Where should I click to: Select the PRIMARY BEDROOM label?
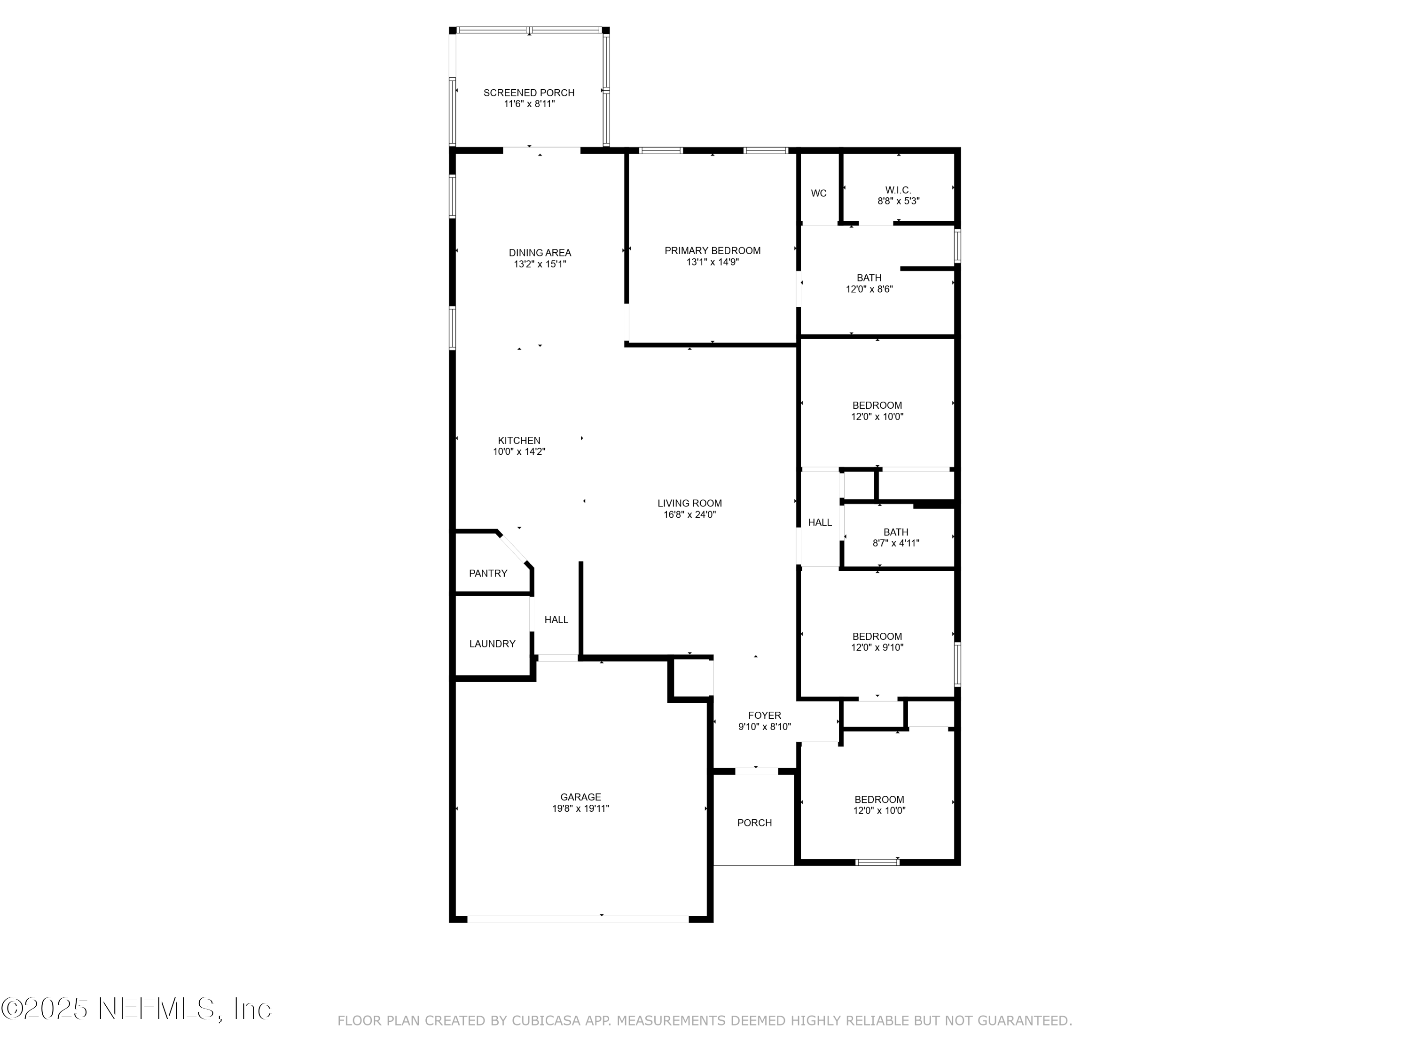[712, 250]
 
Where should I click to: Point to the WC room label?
[818, 193]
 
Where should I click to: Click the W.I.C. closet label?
[898, 190]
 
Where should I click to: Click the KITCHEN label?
[519, 440]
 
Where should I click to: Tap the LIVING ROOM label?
[689, 503]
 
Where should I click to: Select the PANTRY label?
[488, 574]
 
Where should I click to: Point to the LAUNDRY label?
[492, 644]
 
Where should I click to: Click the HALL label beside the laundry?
[556, 619]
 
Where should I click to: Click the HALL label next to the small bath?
[820, 522]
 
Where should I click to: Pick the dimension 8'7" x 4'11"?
[896, 544]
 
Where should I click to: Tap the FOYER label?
[764, 715]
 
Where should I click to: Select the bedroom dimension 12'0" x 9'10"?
[877, 647]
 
